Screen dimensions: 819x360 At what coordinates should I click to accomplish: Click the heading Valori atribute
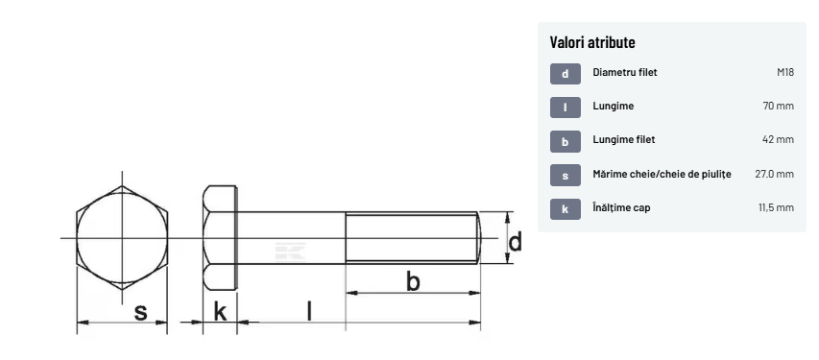coord(592,42)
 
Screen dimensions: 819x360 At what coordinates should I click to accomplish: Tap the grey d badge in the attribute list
coord(566,74)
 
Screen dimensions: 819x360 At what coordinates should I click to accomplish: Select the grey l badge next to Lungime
coord(566,108)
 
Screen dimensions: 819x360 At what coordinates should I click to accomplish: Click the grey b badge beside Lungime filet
coord(566,141)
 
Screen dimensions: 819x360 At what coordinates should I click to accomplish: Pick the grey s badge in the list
coord(566,176)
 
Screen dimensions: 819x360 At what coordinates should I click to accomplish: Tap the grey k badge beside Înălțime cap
coord(566,209)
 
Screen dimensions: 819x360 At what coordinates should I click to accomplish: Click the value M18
coord(785,72)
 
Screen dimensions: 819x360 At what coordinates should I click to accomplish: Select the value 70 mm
coord(779,106)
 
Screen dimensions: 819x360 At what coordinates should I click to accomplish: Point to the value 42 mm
coord(779,139)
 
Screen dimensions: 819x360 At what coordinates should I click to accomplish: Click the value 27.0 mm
coord(774,174)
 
